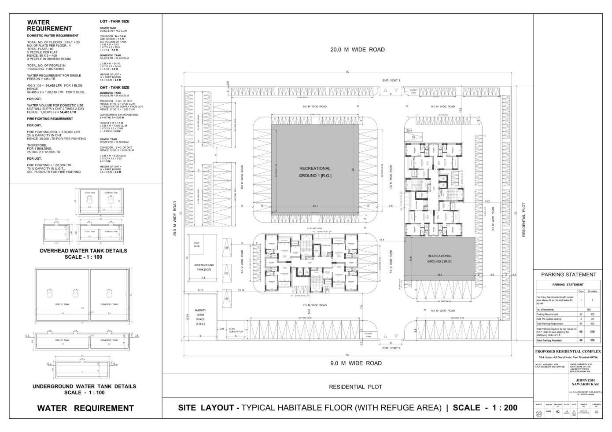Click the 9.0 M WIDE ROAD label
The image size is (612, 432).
tap(356, 363)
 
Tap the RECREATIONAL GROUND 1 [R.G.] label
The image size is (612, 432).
tap(315, 172)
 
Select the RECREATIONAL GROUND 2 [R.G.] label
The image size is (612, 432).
tap(439, 259)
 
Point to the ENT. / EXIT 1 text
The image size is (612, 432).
tap(391, 81)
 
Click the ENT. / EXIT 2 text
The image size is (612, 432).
tap(391, 348)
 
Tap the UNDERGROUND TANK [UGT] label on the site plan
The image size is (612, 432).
tap(203, 267)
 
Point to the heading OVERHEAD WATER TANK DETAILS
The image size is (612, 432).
tap(83, 251)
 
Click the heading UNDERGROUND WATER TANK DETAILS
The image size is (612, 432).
tap(84, 386)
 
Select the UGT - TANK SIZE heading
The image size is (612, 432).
tap(114, 22)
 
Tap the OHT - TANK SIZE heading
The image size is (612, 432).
tap(114, 88)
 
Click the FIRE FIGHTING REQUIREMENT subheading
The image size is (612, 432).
tap(50, 119)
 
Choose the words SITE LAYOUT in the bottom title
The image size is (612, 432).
tap(206, 408)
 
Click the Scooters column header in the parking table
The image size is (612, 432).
tap(592, 291)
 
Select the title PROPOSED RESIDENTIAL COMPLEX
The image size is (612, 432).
tap(568, 351)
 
